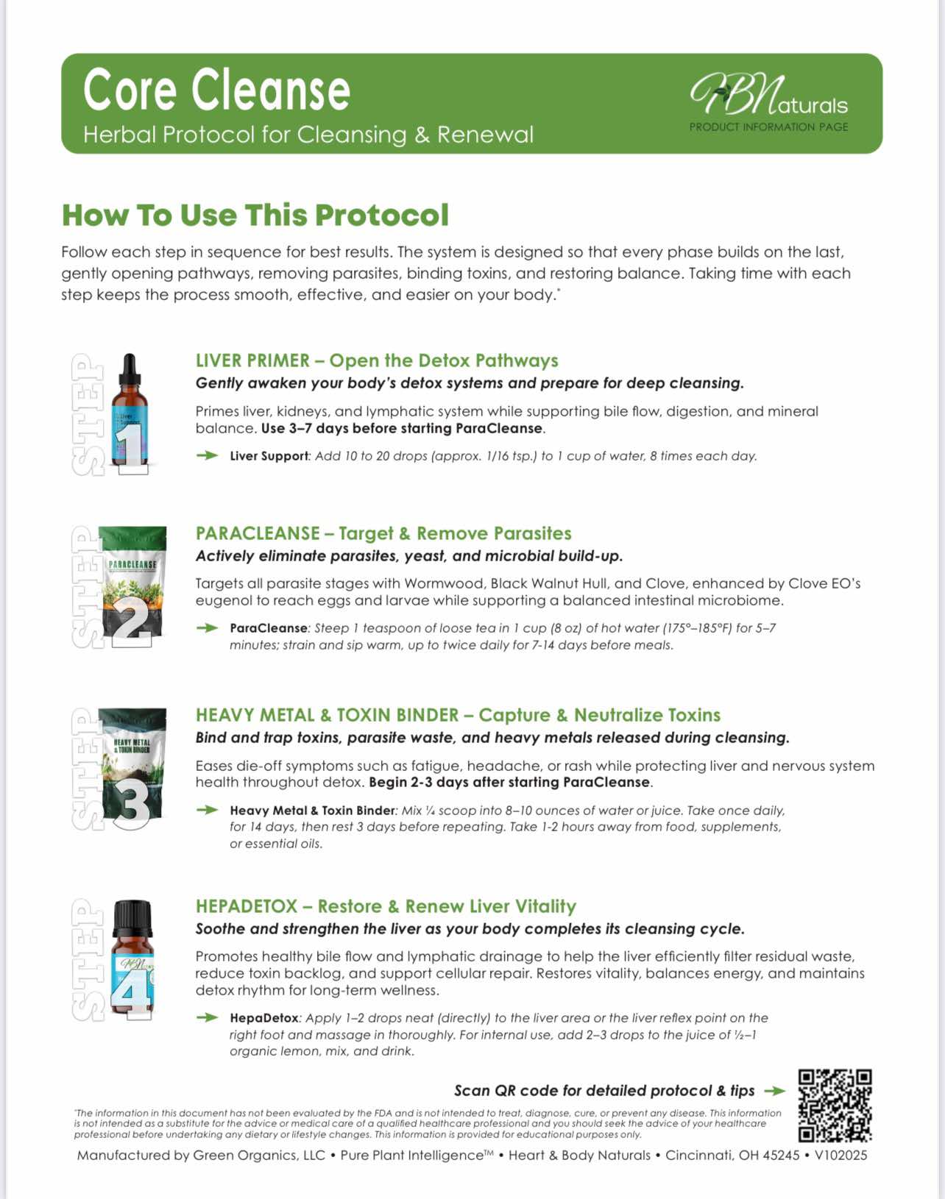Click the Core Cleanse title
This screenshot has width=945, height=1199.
216,90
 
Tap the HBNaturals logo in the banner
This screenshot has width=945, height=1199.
768,96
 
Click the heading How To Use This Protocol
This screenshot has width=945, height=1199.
255,216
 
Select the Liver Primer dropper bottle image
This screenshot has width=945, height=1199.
130,412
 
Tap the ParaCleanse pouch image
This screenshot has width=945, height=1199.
133,586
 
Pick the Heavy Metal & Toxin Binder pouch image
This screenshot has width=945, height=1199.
133,768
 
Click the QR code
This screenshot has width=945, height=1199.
835,1105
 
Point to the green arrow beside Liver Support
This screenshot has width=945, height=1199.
208,456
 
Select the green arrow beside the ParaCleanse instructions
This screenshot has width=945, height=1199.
208,628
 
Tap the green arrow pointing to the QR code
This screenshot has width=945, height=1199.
775,1091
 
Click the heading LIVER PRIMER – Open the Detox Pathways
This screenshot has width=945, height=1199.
377,360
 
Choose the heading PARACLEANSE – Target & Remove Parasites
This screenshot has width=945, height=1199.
383,533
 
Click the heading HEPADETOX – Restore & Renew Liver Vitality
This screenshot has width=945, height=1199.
386,906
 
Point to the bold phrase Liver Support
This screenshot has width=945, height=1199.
269,456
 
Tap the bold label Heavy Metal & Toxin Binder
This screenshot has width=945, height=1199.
312,811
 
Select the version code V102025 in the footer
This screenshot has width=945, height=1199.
840,1156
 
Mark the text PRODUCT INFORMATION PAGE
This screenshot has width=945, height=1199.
768,127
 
